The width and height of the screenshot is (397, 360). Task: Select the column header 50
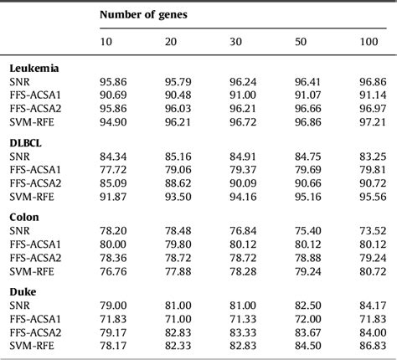click(300, 43)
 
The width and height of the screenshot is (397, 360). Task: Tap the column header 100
click(369, 43)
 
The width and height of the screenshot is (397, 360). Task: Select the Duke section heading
click(23, 291)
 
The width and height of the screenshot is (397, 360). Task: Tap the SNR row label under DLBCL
click(19, 157)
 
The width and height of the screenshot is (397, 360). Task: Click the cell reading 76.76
click(112, 272)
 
